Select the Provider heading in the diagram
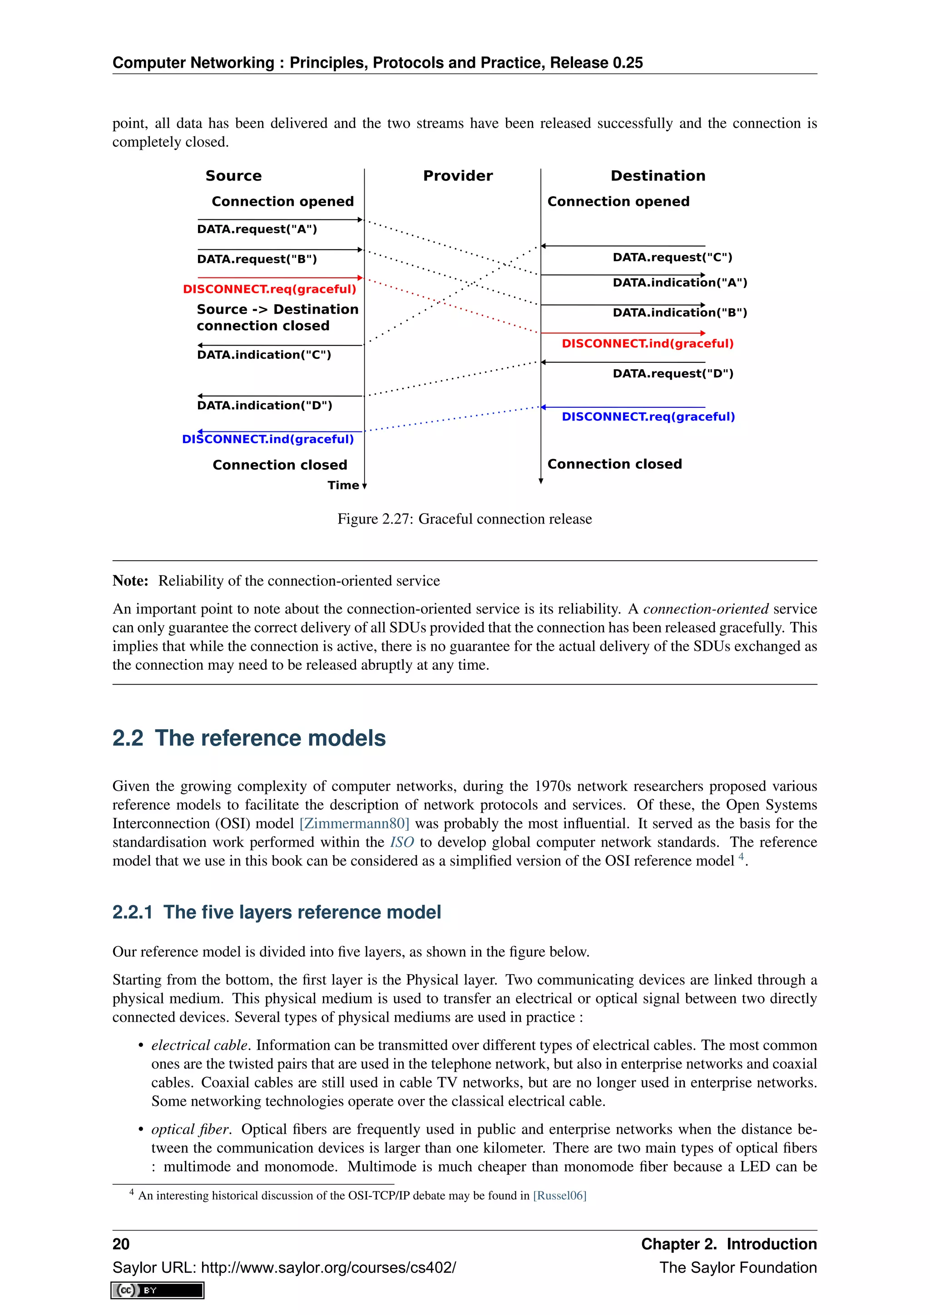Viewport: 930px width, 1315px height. (458, 176)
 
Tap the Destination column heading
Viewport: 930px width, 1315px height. (658, 176)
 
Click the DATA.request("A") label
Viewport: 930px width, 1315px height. (257, 230)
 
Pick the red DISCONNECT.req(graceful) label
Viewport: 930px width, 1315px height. (269, 289)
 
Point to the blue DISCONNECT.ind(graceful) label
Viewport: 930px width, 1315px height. (267, 439)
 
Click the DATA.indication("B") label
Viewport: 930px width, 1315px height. (679, 313)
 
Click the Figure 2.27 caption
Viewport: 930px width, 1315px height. (465, 519)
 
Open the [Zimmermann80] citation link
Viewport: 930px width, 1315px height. (354, 824)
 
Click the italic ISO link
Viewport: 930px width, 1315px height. (401, 842)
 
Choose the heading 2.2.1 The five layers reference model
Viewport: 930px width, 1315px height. (276, 912)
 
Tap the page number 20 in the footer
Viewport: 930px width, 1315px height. (121, 1245)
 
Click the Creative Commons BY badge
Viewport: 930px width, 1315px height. (158, 1290)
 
